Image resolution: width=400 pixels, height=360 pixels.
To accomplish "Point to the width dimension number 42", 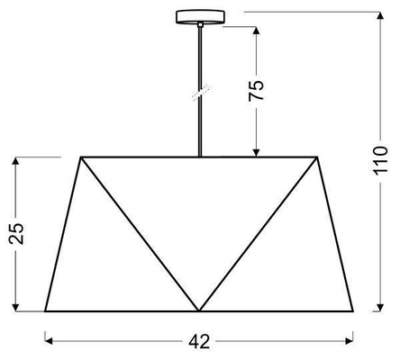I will [200, 341].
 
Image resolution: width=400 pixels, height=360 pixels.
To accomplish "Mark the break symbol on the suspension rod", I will [200, 93].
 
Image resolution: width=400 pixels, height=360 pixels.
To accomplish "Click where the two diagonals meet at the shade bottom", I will [199, 310].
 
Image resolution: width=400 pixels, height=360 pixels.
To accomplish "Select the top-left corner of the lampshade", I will [82, 157].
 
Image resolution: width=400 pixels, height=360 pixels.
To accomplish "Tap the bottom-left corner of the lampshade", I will [45, 310].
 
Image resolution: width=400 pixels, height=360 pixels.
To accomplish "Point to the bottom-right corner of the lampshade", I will [354, 310].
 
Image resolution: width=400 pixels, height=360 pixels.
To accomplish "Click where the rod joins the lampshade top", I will [200, 157].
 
